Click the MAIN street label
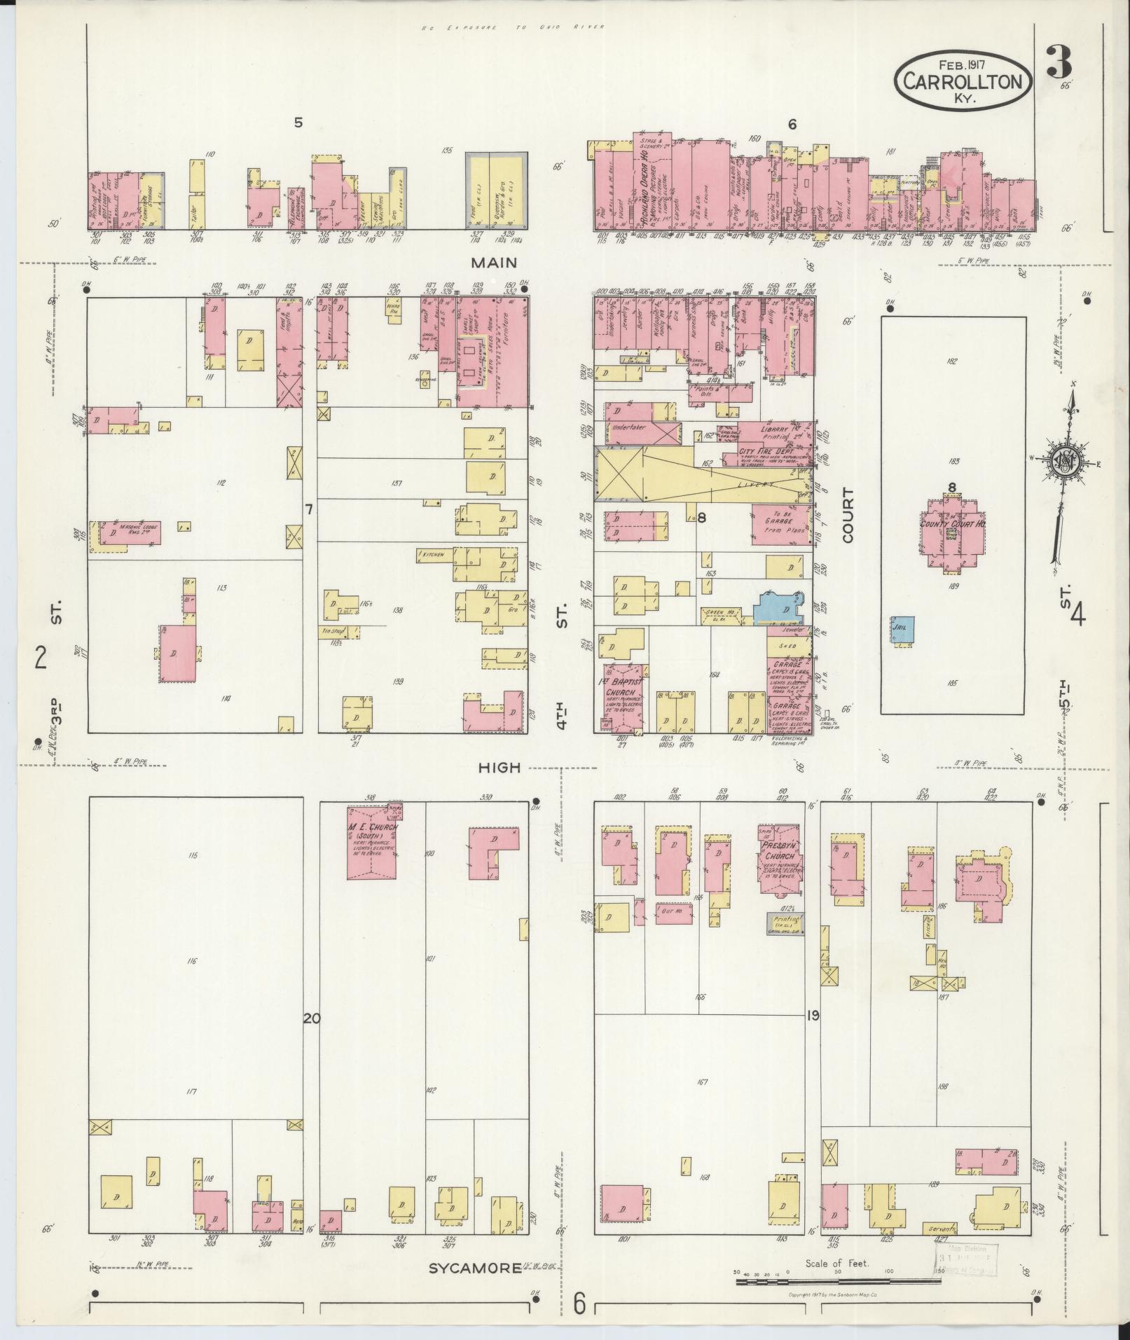493,263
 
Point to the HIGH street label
499,768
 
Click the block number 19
812,1015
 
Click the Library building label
771,429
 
